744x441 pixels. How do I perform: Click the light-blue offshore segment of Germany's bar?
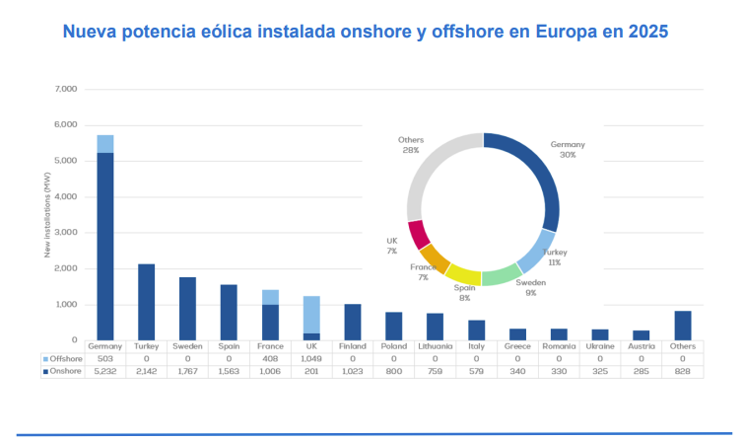click(104, 143)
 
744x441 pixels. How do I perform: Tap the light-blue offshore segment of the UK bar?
click(310, 314)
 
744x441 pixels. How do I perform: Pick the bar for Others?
click(682, 325)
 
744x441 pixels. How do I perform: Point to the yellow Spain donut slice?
click(463, 273)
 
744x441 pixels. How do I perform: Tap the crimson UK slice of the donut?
click(418, 235)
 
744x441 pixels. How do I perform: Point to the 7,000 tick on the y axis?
click(65, 89)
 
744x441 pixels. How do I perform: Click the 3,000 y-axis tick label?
click(65, 232)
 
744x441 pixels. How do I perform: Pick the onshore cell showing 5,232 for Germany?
click(104, 371)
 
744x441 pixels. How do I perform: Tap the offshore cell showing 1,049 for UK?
click(310, 358)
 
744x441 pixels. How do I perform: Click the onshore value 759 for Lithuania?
click(435, 371)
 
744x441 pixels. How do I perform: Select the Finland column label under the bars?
click(352, 346)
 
